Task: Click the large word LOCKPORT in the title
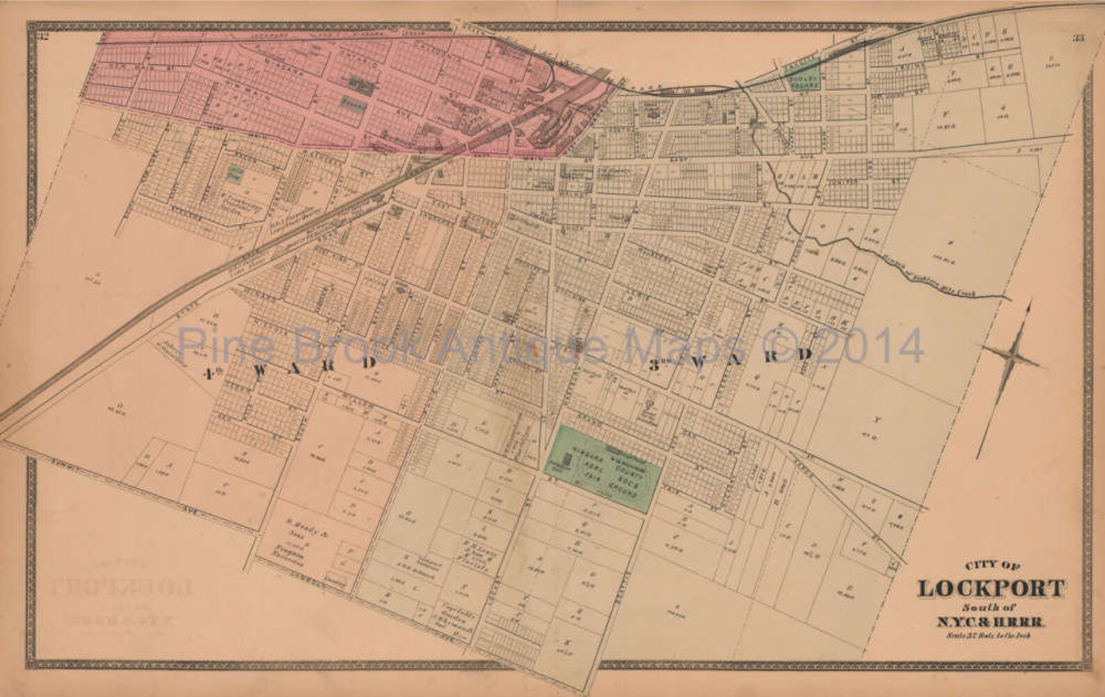click(x=991, y=588)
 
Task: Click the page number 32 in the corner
click(x=43, y=37)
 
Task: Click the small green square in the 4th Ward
click(x=237, y=173)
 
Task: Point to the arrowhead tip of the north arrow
click(x=1028, y=301)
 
